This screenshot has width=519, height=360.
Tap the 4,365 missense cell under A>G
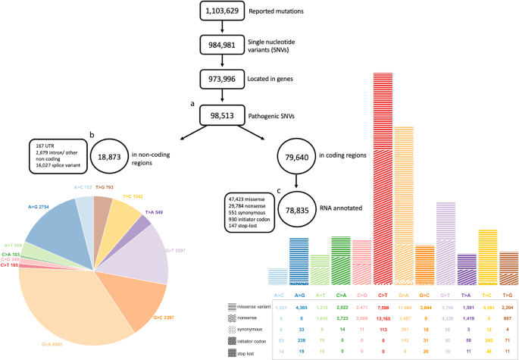tap(300, 306)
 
